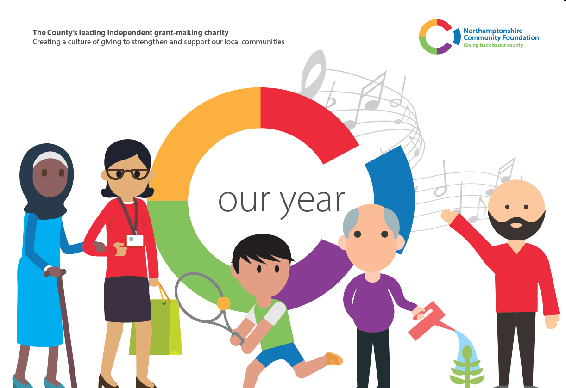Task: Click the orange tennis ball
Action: (223, 303)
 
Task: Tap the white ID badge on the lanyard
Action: (135, 240)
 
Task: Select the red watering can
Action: (429, 320)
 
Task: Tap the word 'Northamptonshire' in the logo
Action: (493, 31)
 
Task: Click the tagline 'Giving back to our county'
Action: (493, 45)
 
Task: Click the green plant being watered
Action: (467, 368)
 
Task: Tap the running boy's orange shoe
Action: (334, 358)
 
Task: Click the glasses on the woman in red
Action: (127, 174)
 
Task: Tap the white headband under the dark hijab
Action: (50, 158)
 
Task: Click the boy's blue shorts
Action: (279, 354)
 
